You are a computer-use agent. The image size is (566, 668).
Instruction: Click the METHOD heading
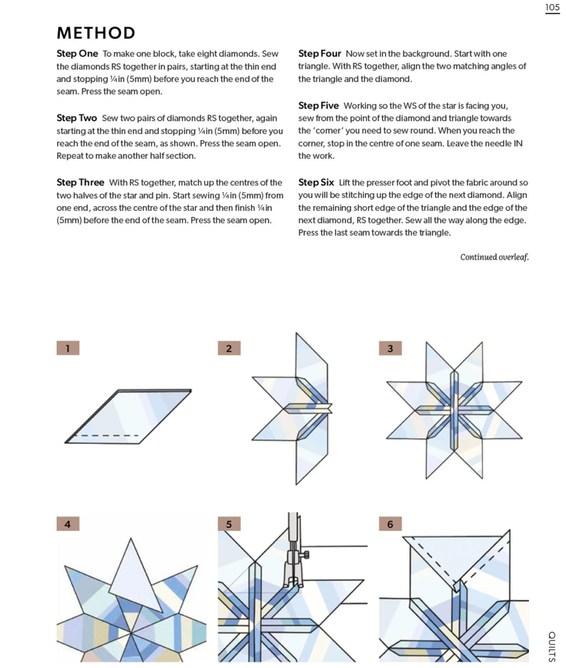[x=96, y=33]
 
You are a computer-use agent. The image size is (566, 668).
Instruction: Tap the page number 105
[x=552, y=7]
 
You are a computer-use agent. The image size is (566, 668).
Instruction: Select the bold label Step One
[x=77, y=54]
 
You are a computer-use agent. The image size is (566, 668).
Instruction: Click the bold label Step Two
[x=77, y=118]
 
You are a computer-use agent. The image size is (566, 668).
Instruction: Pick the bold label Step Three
[x=80, y=183]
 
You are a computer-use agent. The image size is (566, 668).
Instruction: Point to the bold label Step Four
[x=320, y=54]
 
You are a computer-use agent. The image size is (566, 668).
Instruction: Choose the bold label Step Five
[x=318, y=106]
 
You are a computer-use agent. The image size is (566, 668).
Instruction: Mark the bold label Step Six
[x=316, y=183]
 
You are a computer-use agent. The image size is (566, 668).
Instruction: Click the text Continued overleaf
[x=494, y=257]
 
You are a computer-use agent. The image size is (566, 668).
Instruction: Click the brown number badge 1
[x=68, y=348]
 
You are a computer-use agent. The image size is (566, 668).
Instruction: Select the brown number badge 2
[x=229, y=348]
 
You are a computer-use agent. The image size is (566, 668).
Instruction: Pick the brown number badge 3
[x=390, y=348]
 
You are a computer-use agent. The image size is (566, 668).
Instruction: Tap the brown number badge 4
[x=68, y=524]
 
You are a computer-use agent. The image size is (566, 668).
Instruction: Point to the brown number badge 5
[x=229, y=524]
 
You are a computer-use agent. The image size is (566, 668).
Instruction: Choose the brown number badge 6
[x=390, y=524]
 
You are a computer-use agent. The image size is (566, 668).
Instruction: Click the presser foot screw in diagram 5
[x=306, y=554]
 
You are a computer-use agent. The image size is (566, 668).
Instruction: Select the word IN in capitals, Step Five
[x=518, y=143]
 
